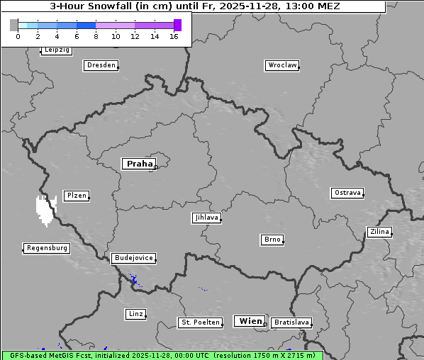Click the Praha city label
point(138,164)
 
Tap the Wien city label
point(250,321)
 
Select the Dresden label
point(100,65)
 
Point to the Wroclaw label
point(281,65)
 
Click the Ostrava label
point(347,193)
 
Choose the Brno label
point(272,240)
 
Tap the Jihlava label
point(206,218)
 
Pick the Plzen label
point(75,196)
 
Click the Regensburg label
point(47,248)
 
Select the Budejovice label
point(133,258)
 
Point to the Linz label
point(135,313)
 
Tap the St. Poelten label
point(200,322)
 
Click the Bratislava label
point(291,322)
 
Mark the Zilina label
point(379,232)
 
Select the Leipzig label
point(56,50)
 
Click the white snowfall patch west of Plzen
point(45,210)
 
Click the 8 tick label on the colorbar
point(96,36)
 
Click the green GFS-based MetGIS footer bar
point(162,355)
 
